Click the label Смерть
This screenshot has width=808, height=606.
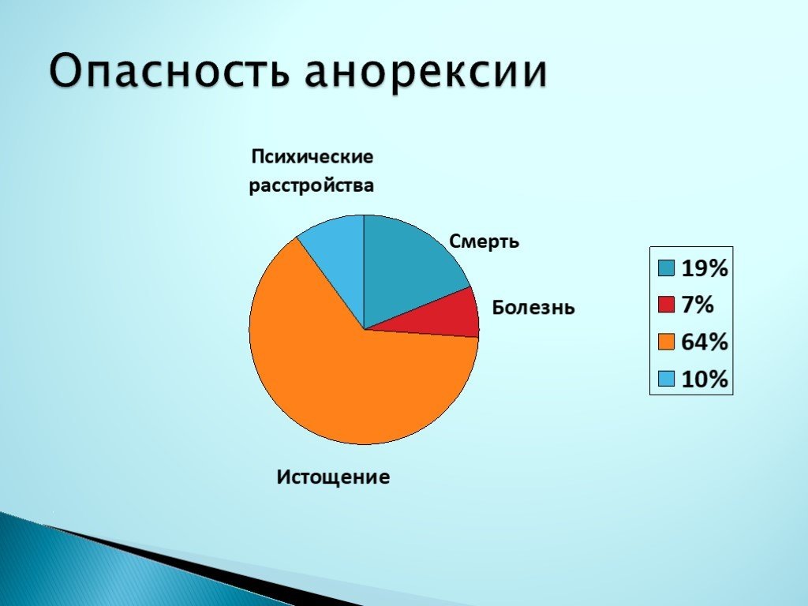coord(484,241)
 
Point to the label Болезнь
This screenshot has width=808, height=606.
coord(533,307)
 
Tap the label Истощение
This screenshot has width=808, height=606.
coord(333,477)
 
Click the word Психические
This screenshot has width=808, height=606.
coord(312,156)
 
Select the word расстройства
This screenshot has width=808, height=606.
coord(312,187)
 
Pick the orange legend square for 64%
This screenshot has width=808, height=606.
coord(667,342)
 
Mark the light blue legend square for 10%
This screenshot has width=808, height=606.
coord(667,379)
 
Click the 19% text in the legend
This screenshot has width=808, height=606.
coord(704,270)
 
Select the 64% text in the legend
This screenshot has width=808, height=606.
coord(704,342)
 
